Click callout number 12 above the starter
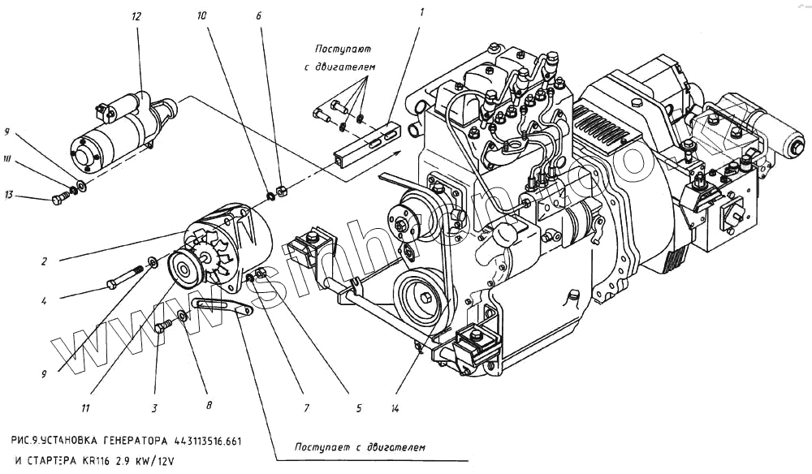[136, 16]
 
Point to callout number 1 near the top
[421, 12]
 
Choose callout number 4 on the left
[45, 299]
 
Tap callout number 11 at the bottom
[86, 407]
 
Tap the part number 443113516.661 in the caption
[207, 442]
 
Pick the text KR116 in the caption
[91, 459]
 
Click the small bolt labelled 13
[59, 198]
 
